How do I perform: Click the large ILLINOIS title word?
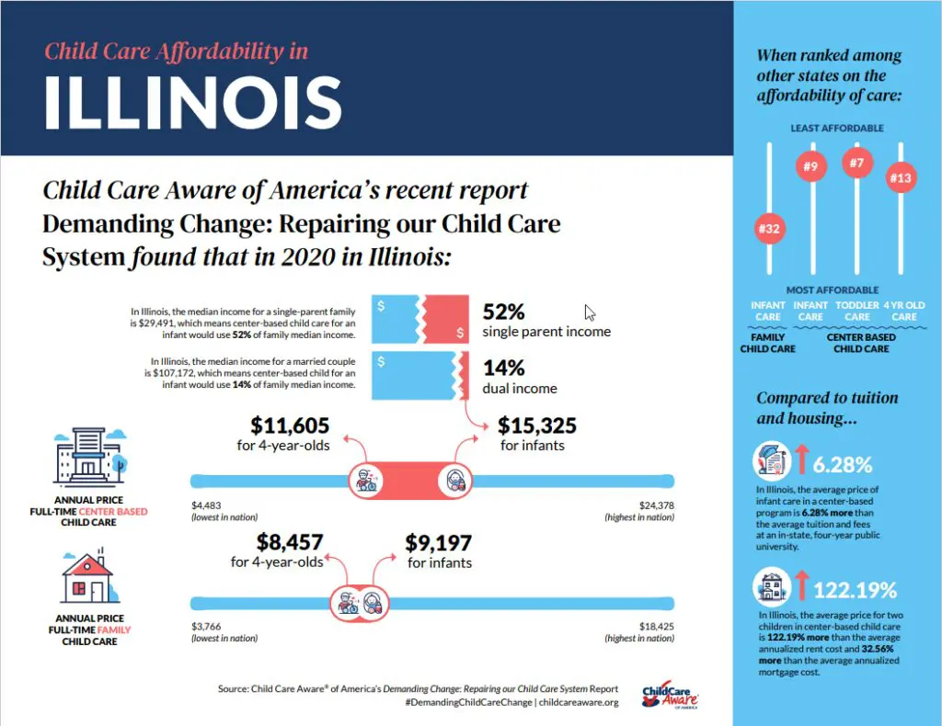tap(193, 100)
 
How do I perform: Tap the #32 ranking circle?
tap(768, 229)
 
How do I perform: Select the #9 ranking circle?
tap(810, 166)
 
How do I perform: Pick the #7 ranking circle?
tap(856, 164)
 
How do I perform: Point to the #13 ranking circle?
tap(901, 177)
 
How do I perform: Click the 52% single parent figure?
tap(504, 312)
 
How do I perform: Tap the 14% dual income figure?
tap(503, 368)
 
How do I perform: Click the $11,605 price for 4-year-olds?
tap(290, 425)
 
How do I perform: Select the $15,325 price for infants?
tap(537, 425)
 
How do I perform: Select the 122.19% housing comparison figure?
tap(854, 589)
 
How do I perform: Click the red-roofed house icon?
tap(87, 577)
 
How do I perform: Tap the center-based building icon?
tap(88, 459)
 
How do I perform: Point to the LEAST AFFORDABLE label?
tap(837, 128)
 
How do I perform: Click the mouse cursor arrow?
tap(591, 312)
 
